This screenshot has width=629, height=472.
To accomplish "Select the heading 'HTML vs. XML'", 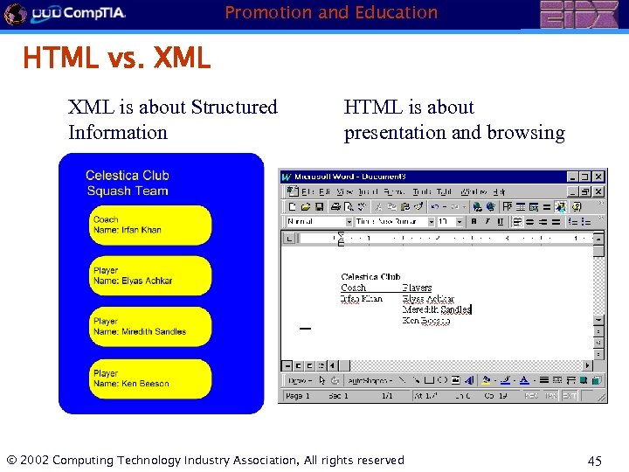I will [x=116, y=59].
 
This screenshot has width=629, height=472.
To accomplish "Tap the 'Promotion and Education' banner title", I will [x=331, y=12].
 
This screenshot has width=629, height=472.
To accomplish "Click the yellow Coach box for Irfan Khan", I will [x=151, y=226].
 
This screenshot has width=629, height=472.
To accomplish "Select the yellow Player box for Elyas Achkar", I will [x=151, y=276].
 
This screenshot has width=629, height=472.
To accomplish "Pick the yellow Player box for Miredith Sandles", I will [x=151, y=327].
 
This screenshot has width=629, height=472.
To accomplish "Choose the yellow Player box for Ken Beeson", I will [x=151, y=378].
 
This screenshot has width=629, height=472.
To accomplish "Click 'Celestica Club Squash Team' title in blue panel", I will [x=128, y=183].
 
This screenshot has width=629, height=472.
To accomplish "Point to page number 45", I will [x=593, y=462].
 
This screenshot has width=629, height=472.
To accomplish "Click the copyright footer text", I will [x=205, y=461].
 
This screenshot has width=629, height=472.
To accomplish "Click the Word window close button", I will [x=598, y=177].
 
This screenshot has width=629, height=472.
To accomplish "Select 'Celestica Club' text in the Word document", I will [x=370, y=277].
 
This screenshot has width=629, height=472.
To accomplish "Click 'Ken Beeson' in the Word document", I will [x=426, y=321].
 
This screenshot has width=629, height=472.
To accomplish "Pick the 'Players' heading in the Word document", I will [x=417, y=288].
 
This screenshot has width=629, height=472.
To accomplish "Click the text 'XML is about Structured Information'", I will [x=172, y=120].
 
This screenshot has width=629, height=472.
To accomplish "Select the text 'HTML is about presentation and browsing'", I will [x=453, y=120].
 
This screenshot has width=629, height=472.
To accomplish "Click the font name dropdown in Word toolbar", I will [x=393, y=222].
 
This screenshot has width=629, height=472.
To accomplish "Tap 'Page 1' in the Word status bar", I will [x=298, y=396].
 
